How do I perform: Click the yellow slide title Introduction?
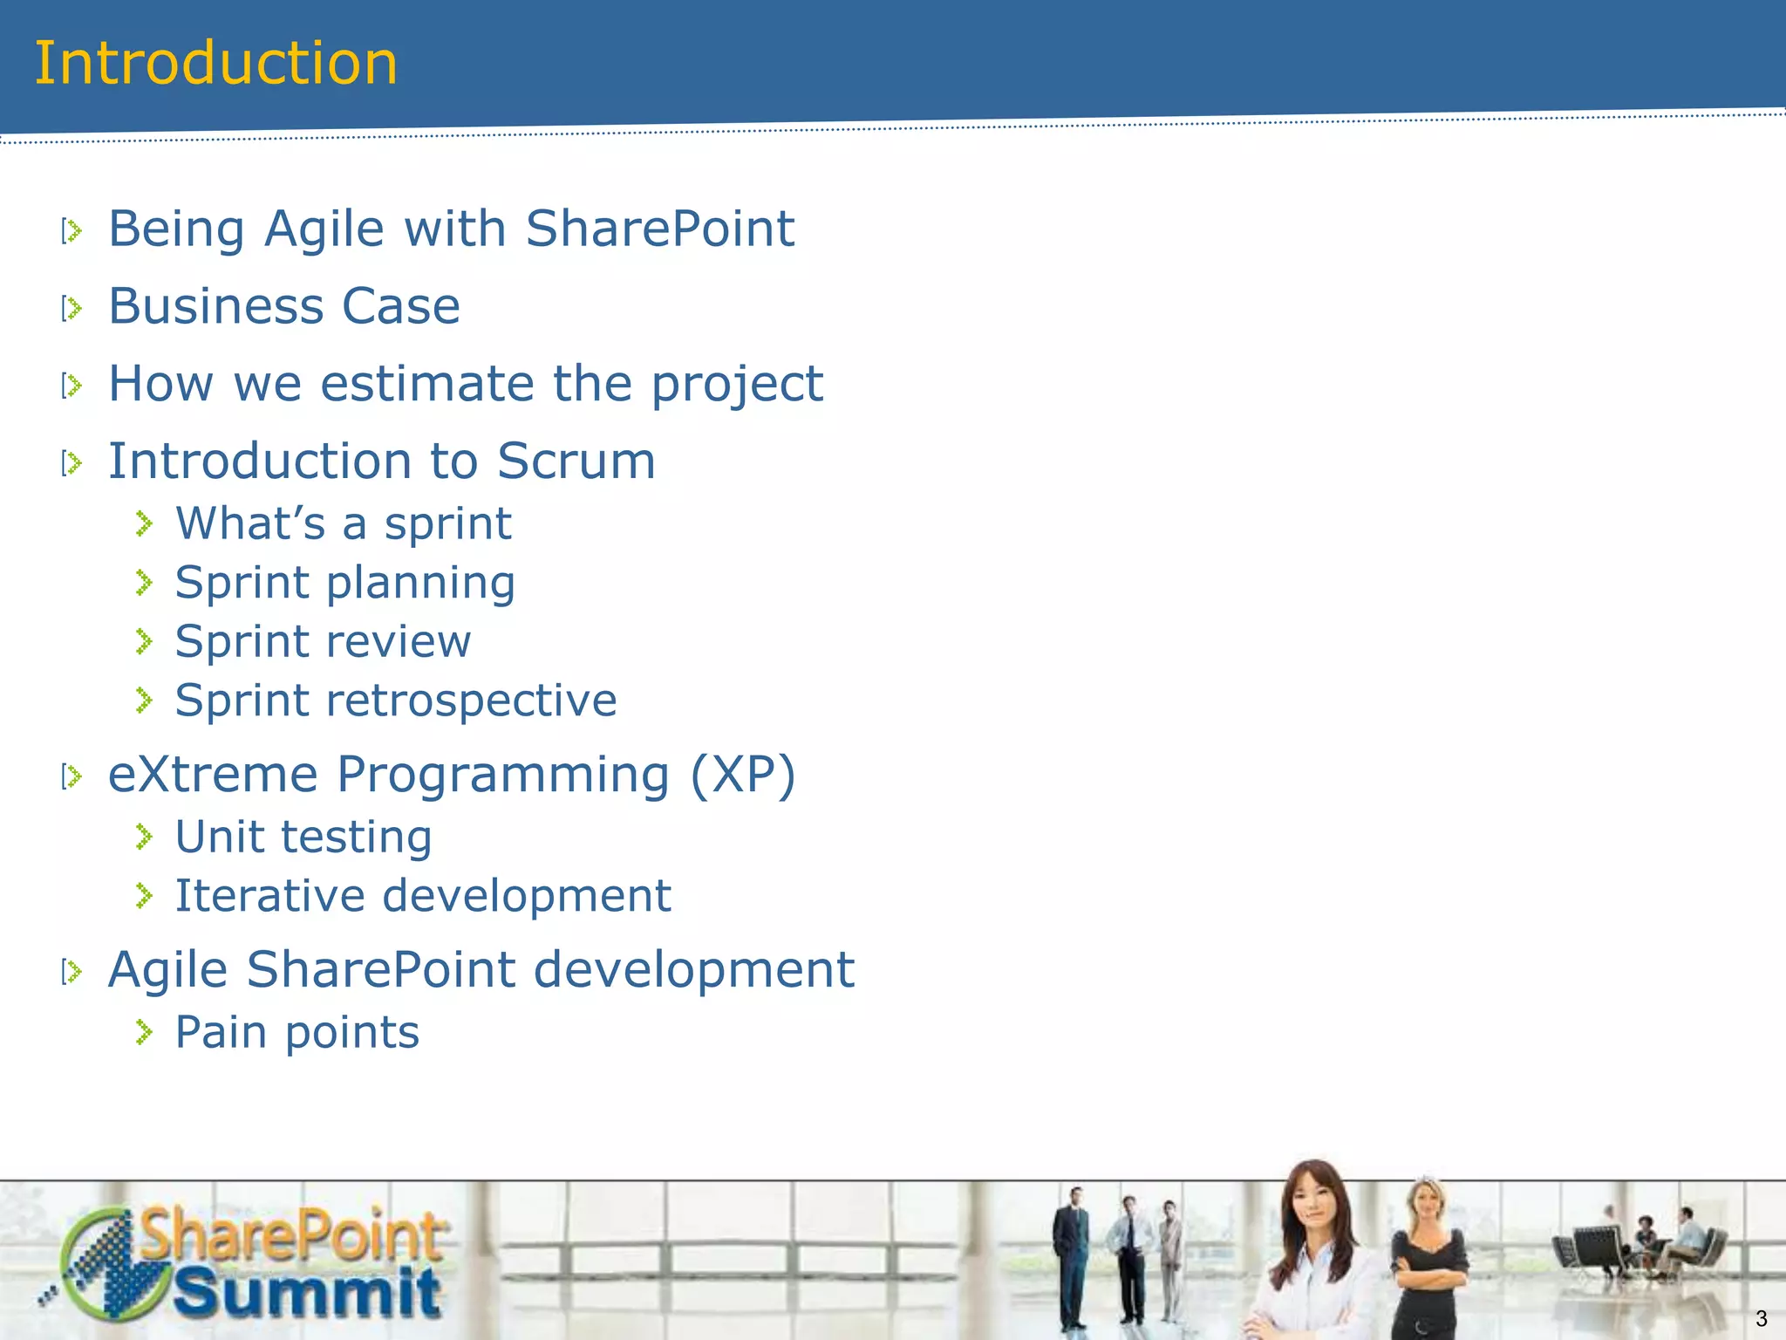215,64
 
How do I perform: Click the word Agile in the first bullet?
324,229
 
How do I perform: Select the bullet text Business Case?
283,306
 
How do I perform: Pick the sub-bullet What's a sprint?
343,524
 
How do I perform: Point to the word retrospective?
471,701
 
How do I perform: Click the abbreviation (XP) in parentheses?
742,775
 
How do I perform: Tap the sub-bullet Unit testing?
303,837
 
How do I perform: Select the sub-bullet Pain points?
297,1033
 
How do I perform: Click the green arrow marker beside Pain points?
145,1034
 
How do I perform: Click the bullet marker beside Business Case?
72,308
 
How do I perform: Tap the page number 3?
1761,1318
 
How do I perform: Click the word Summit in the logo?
307,1293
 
